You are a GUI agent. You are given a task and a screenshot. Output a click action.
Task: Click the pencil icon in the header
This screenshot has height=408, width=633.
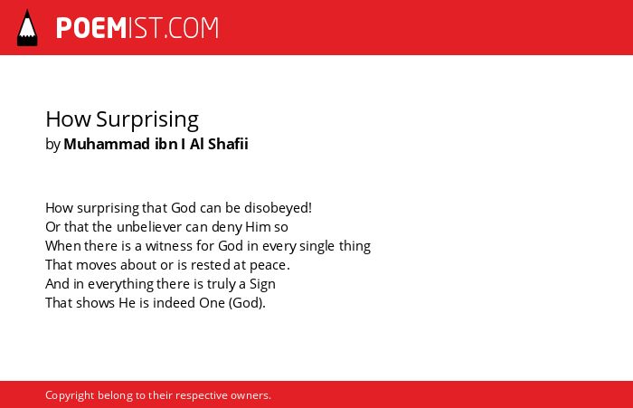click(27, 28)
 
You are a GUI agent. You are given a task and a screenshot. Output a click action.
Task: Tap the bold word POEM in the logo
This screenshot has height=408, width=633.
click(91, 28)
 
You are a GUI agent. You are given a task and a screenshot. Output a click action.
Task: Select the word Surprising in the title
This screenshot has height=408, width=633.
click(147, 119)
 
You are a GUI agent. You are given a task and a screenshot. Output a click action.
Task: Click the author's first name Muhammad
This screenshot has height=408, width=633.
click(107, 144)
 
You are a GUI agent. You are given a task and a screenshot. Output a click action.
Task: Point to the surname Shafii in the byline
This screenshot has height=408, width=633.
click(228, 144)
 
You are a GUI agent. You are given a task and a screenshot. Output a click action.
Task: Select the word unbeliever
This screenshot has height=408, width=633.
click(149, 227)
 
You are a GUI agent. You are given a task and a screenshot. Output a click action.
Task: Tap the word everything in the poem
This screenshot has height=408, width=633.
click(120, 284)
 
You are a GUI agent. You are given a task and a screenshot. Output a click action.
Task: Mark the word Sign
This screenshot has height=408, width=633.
click(262, 284)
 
